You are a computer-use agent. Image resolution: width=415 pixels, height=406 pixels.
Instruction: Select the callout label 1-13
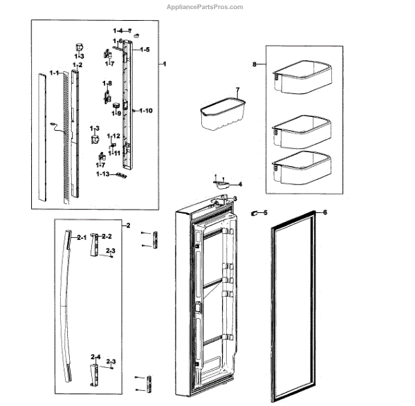tap(103, 175)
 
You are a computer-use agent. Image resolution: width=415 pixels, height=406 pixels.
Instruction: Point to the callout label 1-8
tap(107, 84)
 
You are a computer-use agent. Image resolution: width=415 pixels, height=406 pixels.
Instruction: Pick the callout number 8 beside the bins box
tap(255, 64)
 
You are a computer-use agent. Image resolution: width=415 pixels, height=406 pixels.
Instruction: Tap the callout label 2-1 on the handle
tap(81, 238)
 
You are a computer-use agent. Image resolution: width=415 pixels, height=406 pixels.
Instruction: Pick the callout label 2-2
tap(107, 237)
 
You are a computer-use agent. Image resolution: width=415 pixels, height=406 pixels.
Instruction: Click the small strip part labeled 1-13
tap(123, 176)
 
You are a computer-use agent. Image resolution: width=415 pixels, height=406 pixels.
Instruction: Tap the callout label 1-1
tap(53, 73)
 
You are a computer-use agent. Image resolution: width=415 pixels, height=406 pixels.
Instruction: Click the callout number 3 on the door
tap(235, 199)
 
